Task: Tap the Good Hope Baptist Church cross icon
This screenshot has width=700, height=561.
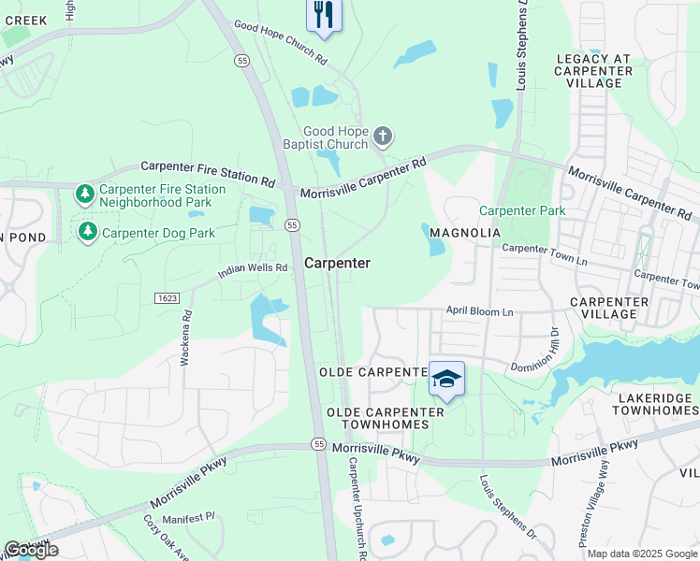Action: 382,137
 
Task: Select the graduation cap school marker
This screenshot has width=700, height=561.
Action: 447,379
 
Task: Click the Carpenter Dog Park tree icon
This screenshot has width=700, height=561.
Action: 88,231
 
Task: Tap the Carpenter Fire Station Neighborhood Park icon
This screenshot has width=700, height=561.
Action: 85,194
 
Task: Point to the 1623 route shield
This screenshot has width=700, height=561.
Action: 166,297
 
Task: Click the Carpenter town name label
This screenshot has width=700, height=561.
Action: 337,264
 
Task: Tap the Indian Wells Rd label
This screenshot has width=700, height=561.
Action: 253,270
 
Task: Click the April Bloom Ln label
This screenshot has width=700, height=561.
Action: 480,309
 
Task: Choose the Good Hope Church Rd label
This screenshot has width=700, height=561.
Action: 280,43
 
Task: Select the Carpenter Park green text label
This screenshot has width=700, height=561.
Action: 522,211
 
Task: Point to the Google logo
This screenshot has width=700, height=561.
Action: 31,551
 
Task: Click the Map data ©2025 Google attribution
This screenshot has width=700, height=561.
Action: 642,554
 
